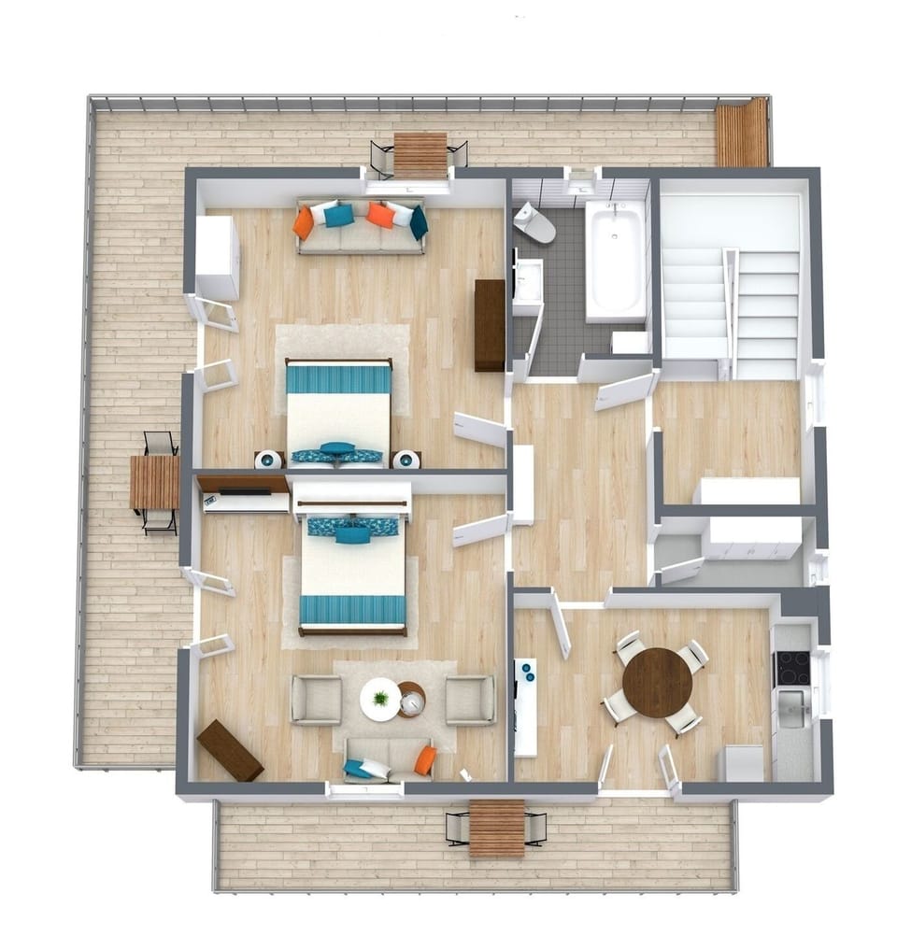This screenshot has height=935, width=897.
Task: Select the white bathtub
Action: pos(616,262)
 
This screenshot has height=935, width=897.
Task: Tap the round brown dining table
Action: pos(657,682)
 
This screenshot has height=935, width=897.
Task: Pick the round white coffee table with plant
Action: pos(380,699)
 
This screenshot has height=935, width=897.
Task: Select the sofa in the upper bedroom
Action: pos(361,225)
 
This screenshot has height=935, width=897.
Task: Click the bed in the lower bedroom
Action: pos(353,572)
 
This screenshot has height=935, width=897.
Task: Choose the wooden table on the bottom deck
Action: pos(496,828)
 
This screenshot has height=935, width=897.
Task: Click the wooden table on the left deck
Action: pos(155,482)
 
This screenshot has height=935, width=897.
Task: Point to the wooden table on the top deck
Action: pos(420,155)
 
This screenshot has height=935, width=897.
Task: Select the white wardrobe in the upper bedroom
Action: pos(217,257)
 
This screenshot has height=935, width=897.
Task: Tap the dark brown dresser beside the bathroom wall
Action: pos(489,325)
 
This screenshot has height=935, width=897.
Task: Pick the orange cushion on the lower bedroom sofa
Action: pos(425,760)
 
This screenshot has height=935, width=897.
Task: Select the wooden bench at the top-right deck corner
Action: pos(742,133)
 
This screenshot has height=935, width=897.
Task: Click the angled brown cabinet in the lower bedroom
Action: pos(230,749)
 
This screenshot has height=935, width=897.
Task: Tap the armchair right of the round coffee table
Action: pos(470,700)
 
